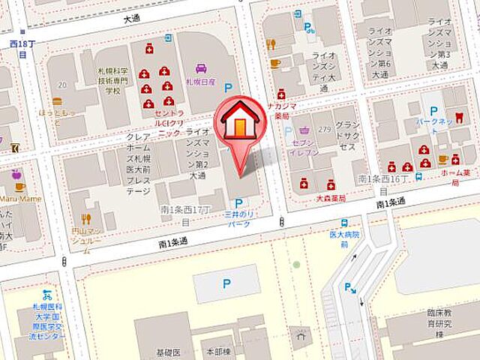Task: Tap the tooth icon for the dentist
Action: click(x=460, y=117)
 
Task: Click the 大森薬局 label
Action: click(x=330, y=199)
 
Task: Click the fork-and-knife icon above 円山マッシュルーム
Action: click(x=86, y=219)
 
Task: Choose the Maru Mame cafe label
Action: click(x=19, y=199)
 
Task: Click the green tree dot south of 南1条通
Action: click(x=296, y=265)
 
